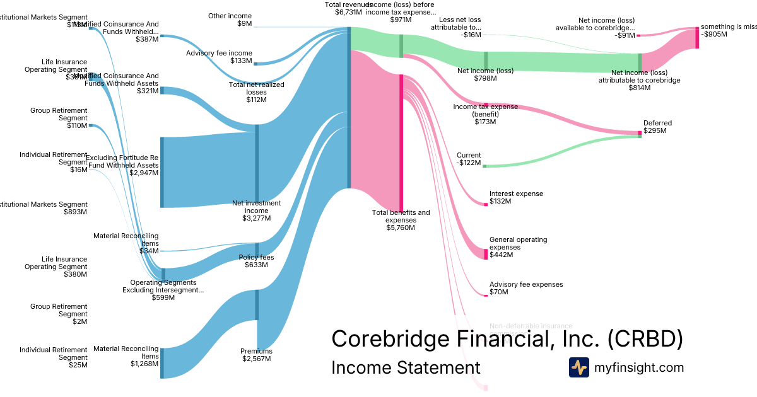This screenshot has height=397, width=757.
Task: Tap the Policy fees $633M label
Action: click(256, 261)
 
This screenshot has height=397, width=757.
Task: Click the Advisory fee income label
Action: click(219, 57)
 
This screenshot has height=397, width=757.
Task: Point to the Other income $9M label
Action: click(230, 20)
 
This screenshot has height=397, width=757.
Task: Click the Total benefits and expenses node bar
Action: click(401, 139)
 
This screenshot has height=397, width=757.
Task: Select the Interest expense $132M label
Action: click(515, 198)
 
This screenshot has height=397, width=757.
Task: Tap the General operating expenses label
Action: click(518, 247)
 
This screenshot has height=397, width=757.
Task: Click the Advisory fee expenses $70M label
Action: click(525, 289)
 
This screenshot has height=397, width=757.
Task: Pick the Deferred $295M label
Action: click(657, 127)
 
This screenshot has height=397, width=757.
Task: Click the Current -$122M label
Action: click(468, 159)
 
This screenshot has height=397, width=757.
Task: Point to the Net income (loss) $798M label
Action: click(485, 75)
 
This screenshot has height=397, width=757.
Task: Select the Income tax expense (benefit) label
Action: click(485, 114)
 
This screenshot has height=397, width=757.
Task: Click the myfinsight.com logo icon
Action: click(578, 367)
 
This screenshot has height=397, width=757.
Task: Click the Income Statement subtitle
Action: click(406, 367)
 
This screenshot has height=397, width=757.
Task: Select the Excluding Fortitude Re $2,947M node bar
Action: click(162, 172)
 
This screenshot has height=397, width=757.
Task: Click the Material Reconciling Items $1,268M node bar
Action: click(162, 363)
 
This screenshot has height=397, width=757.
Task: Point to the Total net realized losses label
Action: click(256, 92)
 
